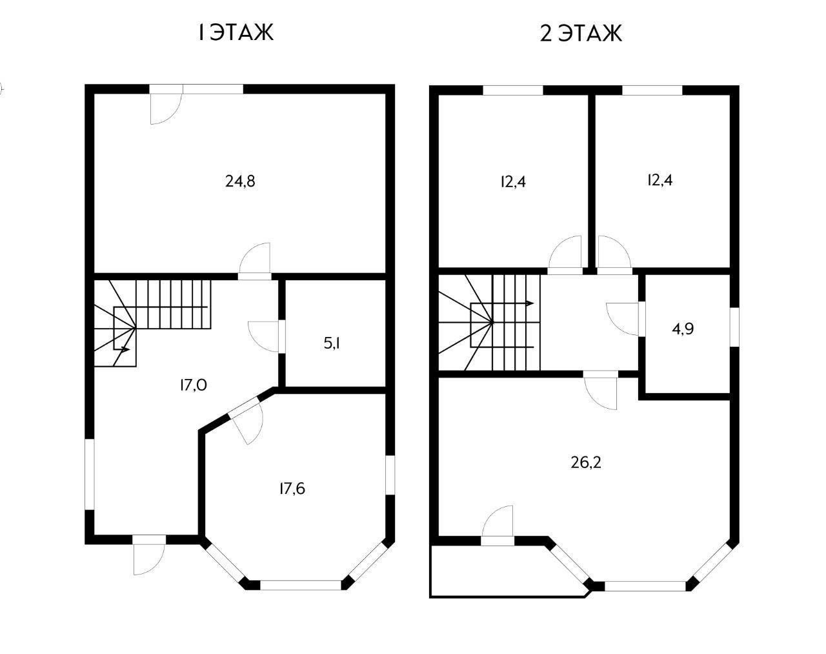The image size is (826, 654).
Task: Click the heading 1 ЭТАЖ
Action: [236, 33]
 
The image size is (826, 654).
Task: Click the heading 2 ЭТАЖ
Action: [581, 33]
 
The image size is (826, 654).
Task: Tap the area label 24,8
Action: [240, 181]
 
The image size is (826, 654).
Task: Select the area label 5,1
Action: [332, 343]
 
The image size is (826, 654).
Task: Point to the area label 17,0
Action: [194, 384]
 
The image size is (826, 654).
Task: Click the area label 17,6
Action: [292, 489]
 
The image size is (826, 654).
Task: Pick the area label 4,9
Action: [683, 329]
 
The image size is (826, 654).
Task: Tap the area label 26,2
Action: [586, 463]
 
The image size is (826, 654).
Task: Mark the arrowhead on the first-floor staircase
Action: [125, 349]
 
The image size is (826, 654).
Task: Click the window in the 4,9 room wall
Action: [734, 327]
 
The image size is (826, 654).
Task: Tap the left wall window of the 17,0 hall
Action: [90, 475]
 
